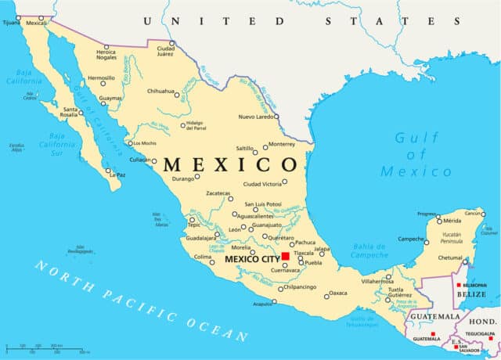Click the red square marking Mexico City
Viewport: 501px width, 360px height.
pos(286,256)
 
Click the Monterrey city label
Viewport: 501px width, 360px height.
pos(282,144)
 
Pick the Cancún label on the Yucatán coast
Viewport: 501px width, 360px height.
pos(474,213)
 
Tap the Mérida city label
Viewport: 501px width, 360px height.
pos(452,221)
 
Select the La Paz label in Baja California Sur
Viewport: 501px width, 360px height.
pos(117,175)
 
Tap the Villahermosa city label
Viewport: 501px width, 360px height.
pos(366,279)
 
